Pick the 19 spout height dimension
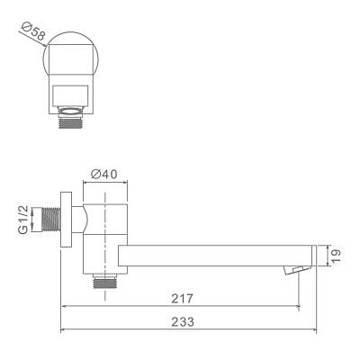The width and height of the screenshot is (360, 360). (334, 256)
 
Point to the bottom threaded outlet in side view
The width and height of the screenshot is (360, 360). (105, 282)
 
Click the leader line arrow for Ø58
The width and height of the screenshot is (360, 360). (47, 46)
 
